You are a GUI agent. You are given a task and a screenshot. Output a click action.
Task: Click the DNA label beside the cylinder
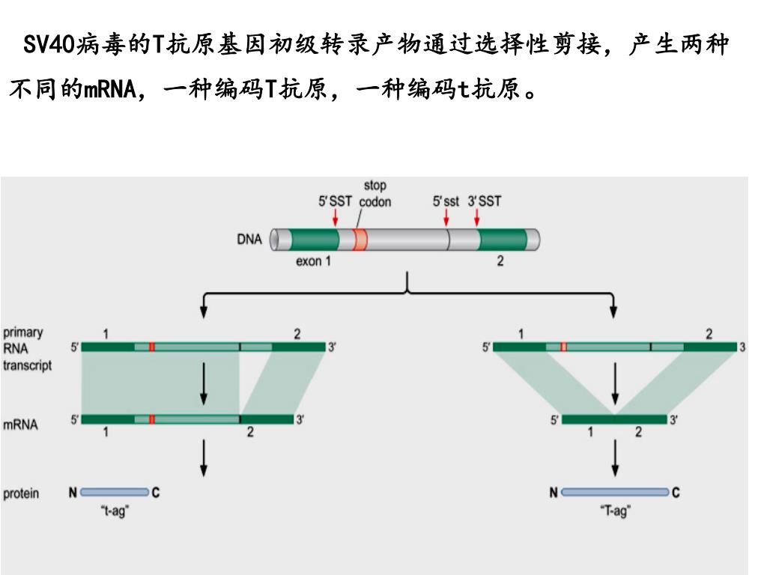[249, 240]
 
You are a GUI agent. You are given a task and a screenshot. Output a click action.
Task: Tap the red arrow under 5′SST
[336, 217]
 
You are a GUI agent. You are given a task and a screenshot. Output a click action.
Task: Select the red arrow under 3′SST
[476, 217]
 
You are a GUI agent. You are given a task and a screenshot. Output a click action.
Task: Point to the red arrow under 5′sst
[446, 217]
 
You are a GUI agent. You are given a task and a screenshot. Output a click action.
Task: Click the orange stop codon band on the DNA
[360, 240]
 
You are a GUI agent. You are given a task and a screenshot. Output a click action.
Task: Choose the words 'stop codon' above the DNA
[375, 193]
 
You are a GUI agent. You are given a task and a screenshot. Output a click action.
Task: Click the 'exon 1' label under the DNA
[313, 261]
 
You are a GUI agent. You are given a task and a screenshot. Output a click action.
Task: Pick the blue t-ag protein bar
[115, 493]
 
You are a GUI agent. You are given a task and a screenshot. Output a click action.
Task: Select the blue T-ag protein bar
[614, 493]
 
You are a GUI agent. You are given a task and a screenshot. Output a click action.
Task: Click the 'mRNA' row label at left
[20, 425]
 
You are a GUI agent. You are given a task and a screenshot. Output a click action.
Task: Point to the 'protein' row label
[21, 493]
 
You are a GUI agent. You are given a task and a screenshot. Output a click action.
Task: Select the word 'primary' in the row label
[23, 332]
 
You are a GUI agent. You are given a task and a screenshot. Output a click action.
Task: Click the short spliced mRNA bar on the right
[614, 419]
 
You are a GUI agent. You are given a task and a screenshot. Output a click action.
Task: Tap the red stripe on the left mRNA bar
[151, 419]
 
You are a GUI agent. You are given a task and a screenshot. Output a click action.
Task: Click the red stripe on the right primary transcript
[563, 347]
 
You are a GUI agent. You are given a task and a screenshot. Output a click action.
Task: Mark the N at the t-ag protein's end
[73, 493]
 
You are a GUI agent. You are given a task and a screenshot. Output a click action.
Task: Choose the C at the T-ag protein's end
[676, 493]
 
